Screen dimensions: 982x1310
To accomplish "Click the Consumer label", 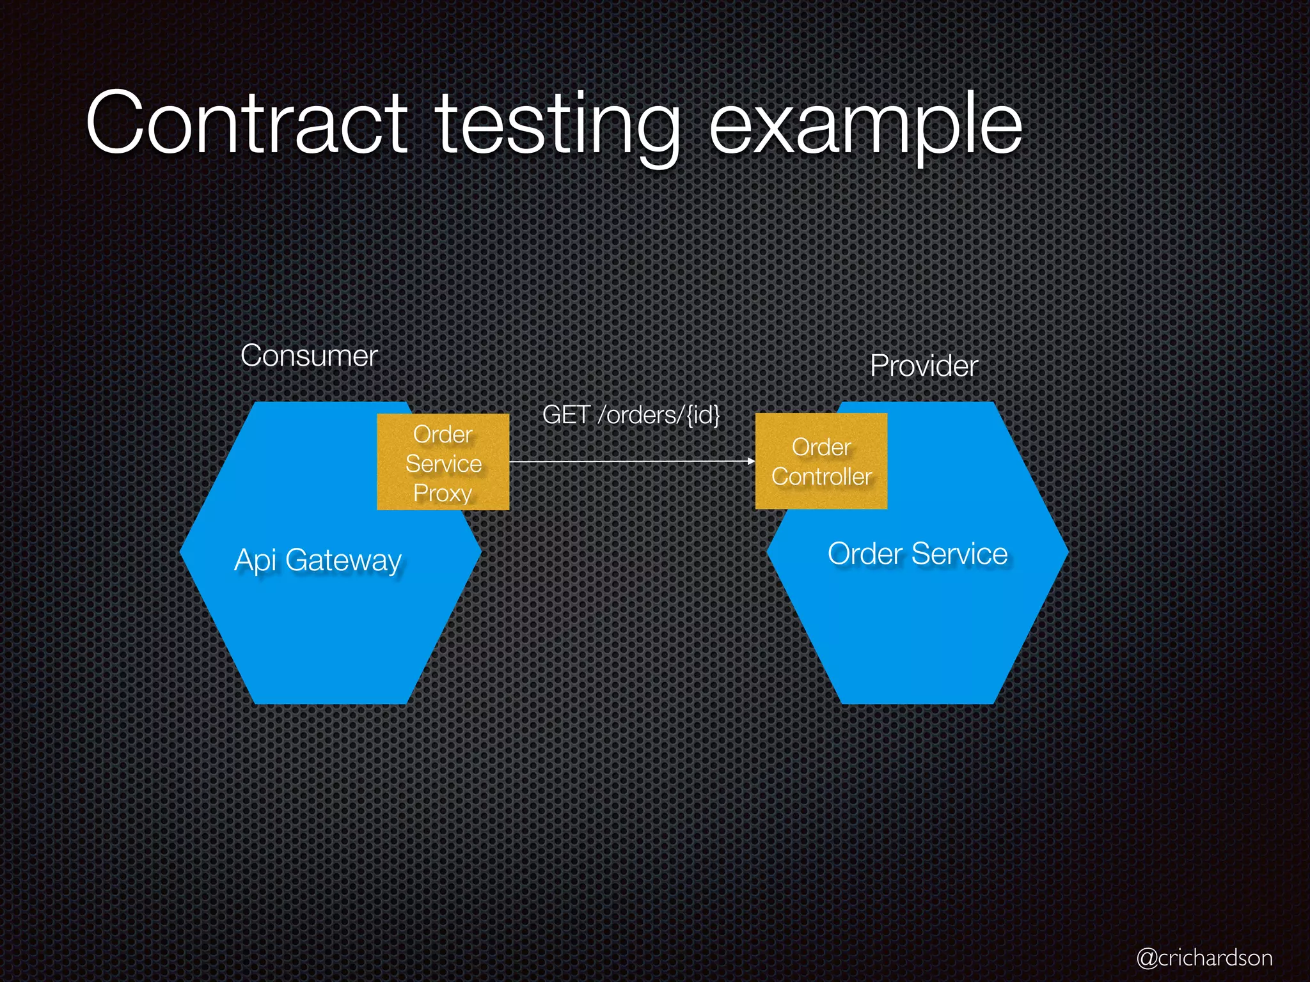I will point(309,355).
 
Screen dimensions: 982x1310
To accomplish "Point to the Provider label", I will point(924,366).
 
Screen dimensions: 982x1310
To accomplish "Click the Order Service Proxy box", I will point(443,462).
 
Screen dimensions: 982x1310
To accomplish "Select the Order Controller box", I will point(821,461).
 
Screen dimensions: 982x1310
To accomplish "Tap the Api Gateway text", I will point(318,561).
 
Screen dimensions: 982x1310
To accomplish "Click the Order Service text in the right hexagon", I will point(917,554).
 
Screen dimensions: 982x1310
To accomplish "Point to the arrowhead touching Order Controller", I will point(751,461).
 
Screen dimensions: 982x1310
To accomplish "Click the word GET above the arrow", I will point(565,415).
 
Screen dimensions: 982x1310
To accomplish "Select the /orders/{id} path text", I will point(659,415).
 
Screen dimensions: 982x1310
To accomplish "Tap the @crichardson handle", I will point(1204,958).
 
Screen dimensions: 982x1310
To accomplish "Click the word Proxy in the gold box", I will point(443,493).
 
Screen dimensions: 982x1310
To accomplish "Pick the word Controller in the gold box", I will point(821,476).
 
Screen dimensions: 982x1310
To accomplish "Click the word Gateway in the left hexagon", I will point(343,561).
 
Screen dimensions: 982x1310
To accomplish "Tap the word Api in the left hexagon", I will point(255,561).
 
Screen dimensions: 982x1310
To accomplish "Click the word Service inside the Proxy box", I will point(443,464).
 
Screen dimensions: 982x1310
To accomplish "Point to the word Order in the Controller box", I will point(821,447).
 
